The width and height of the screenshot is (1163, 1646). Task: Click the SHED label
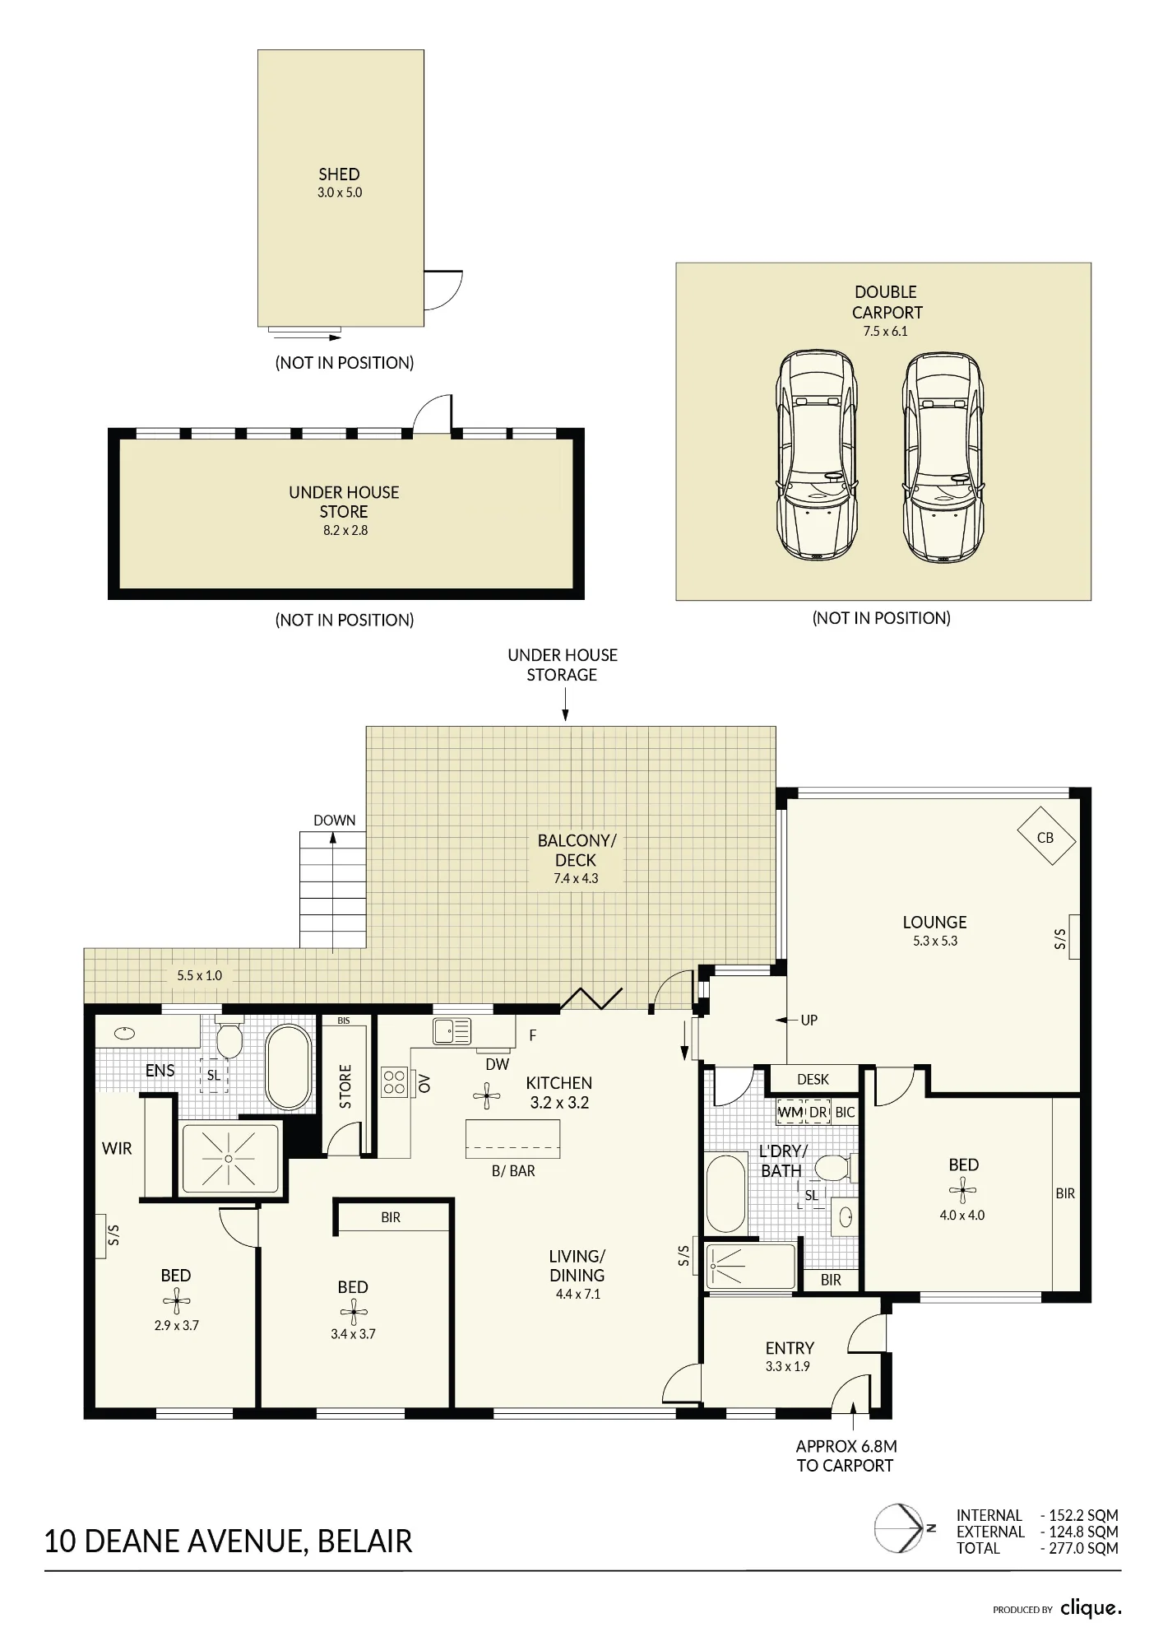(x=339, y=174)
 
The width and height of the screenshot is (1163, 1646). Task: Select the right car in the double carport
(x=943, y=457)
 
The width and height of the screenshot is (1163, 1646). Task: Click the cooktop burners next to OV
(x=395, y=1081)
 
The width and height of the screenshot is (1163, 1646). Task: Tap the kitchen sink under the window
(x=452, y=1031)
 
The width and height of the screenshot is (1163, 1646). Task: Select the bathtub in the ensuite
(x=289, y=1067)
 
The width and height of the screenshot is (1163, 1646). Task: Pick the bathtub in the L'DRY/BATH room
(x=726, y=1194)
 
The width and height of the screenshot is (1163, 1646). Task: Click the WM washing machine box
(x=790, y=1112)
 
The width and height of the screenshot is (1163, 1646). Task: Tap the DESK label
(x=813, y=1079)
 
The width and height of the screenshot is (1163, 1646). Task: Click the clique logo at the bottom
(x=1091, y=1607)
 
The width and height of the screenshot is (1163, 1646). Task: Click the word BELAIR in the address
(x=364, y=1541)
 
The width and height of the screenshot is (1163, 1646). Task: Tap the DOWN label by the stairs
(x=335, y=821)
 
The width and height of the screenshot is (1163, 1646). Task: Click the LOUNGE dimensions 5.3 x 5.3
(x=935, y=942)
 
